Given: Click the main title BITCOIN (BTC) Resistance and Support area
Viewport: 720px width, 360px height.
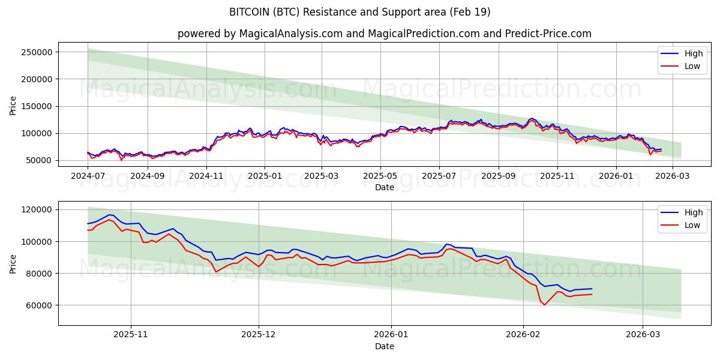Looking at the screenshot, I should pyautogui.click(x=360, y=12).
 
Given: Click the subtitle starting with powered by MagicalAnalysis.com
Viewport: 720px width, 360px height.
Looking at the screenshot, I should pyautogui.click(x=384, y=34).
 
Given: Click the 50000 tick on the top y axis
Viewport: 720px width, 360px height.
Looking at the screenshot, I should pyautogui.click(x=40, y=160).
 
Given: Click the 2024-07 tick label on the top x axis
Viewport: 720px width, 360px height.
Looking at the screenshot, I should pyautogui.click(x=88, y=176).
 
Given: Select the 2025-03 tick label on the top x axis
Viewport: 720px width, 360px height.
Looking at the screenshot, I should pyautogui.click(x=322, y=176).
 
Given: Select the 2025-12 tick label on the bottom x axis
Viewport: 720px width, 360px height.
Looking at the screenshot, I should pyautogui.click(x=259, y=335).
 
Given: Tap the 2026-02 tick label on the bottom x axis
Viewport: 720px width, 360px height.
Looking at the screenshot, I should pyautogui.click(x=524, y=335).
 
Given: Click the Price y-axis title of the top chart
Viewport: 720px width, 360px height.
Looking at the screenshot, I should pyautogui.click(x=13, y=106).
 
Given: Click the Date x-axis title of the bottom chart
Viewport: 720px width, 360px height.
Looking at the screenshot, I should pyautogui.click(x=384, y=346).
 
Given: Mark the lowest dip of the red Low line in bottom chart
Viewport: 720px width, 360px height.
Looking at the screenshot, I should pyautogui.click(x=545, y=305).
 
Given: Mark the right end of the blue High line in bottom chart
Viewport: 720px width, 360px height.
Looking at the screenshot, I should pyautogui.click(x=592, y=289).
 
